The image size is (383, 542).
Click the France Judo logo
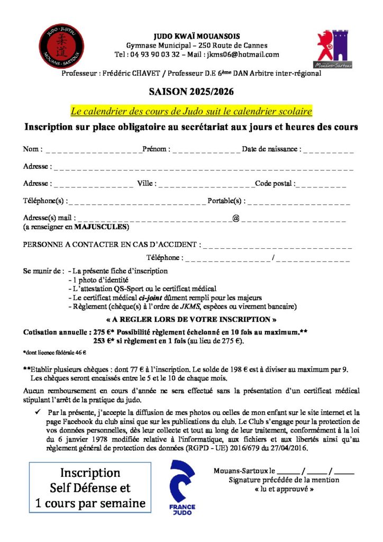click(182, 486)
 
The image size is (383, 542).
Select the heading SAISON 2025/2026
click(191, 92)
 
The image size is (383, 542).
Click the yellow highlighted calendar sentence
click(191, 111)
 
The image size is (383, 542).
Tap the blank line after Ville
click(207, 185)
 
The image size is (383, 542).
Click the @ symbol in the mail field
click(236, 218)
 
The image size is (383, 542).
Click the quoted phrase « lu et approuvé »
click(284, 489)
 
